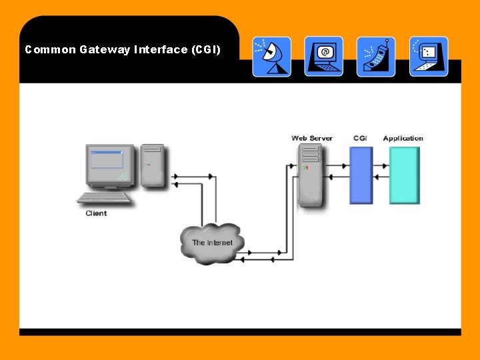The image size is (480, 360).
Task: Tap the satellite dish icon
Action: (x=271, y=57)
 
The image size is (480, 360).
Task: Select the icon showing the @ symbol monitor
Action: (x=324, y=57)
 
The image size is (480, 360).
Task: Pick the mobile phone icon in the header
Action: (x=376, y=57)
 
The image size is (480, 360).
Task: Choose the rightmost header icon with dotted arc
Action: (x=428, y=57)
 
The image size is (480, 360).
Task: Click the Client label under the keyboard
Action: (x=96, y=213)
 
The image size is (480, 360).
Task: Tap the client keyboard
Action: (x=105, y=198)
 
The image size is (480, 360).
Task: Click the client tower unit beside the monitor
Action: (x=153, y=165)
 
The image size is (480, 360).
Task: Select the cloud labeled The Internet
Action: (x=212, y=243)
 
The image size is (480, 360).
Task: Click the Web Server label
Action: (x=311, y=139)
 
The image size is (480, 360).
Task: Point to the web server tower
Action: (x=310, y=176)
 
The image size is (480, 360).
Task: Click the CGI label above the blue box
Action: (x=360, y=139)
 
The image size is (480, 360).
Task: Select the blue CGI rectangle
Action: (x=361, y=175)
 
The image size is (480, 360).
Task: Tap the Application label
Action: (x=403, y=139)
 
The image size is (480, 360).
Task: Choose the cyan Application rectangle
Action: (x=405, y=175)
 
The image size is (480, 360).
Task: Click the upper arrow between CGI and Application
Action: (x=381, y=165)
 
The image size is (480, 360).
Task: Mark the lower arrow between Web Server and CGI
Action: (x=338, y=177)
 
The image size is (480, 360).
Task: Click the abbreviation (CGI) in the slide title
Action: (x=205, y=49)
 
